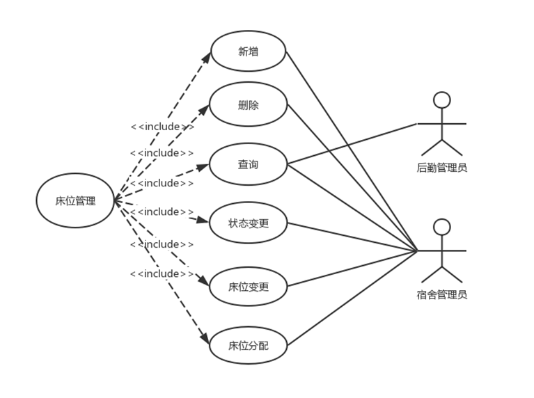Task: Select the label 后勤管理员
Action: pos(441,168)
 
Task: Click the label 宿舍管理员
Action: pos(441,294)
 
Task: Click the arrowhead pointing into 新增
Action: pos(207,58)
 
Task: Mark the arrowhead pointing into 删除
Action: pos(204,110)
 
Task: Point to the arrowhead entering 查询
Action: pos(203,167)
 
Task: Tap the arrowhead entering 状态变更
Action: pos(203,221)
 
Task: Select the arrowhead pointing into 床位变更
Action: pos(204,280)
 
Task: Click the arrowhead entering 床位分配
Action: pos(205,338)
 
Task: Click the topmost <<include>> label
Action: pos(162,127)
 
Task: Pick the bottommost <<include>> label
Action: pos(162,273)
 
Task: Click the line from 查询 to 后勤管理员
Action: pos(352,144)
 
